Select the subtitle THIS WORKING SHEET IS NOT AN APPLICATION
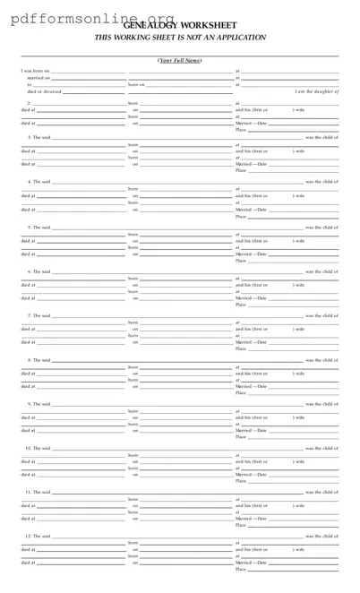coord(180,38)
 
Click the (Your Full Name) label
coord(180,60)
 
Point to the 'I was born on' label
coord(36,71)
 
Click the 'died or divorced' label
coord(44,91)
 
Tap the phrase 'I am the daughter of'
coord(317,91)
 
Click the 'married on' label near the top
coord(39,78)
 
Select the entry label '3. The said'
coord(39,137)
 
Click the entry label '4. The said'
coord(39,182)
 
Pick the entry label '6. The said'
coord(39,271)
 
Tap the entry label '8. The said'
coord(39,359)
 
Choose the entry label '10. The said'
coord(39,448)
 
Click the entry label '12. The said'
coord(39,536)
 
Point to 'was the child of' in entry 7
coord(321,315)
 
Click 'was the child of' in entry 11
coord(321,492)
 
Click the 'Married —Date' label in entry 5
coord(251,254)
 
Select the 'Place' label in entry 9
coord(240,436)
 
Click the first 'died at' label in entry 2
coord(29,109)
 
